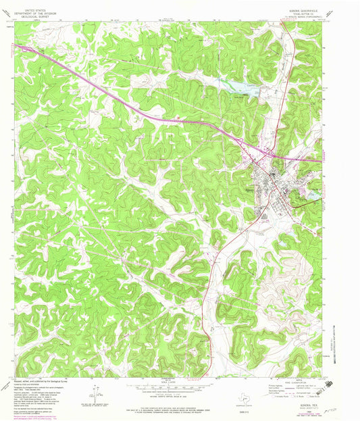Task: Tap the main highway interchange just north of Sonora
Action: (269, 155)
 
